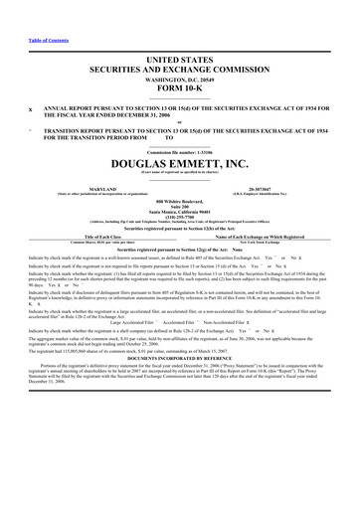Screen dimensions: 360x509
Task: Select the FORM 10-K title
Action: (180, 89)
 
